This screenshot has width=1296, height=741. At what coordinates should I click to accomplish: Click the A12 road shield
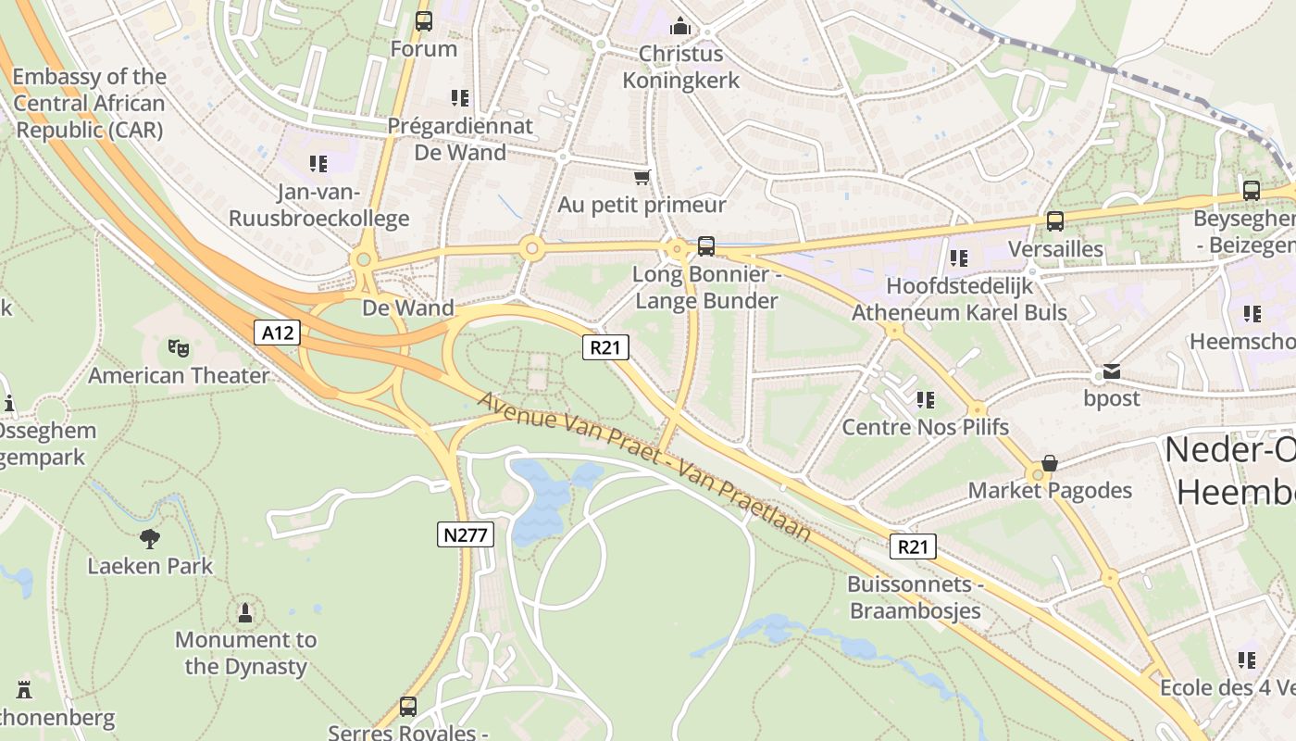278,333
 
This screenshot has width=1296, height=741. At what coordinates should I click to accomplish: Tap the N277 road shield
466,534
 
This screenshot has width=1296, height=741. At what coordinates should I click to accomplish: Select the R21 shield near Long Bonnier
605,347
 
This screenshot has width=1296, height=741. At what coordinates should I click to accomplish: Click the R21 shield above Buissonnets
913,546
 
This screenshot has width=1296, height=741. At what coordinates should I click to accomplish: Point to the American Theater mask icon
178,348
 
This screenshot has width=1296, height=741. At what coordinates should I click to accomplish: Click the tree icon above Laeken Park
150,538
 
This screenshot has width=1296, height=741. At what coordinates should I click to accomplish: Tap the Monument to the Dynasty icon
245,612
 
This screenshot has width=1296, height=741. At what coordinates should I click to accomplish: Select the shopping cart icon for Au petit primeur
642,177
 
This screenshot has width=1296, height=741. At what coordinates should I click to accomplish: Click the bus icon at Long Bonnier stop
706,245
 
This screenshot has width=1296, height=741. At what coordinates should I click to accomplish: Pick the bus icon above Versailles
1054,220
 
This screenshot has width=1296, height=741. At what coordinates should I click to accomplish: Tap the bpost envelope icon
1111,371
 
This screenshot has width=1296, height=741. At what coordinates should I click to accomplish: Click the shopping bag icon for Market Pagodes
1050,462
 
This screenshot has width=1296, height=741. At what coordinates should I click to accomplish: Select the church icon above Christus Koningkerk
680,25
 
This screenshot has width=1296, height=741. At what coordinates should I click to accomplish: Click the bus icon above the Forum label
424,20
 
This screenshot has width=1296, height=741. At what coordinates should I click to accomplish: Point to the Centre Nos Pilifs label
925,427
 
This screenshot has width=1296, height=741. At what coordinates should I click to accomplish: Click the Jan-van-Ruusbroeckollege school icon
318,164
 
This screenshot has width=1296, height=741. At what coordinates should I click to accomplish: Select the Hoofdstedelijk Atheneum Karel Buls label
959,299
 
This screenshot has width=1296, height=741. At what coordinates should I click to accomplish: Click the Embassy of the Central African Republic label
90,103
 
